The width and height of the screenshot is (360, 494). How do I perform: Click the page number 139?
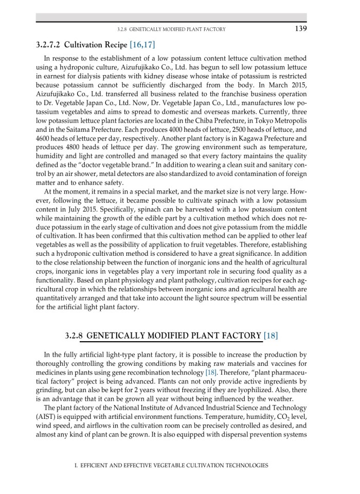(x=301, y=29)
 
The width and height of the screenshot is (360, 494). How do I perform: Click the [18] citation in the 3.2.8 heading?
(x=271, y=336)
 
